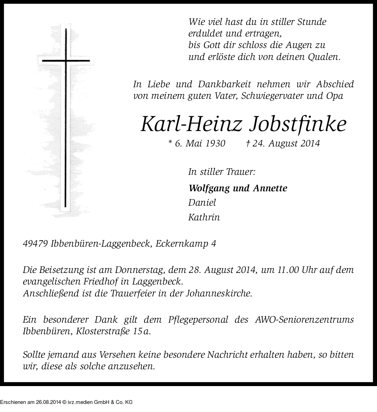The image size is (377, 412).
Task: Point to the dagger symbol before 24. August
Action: point(248,143)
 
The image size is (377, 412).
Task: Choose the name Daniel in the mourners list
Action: point(202,202)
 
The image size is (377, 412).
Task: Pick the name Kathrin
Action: point(204,217)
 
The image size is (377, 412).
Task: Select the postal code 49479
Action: point(35,244)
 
